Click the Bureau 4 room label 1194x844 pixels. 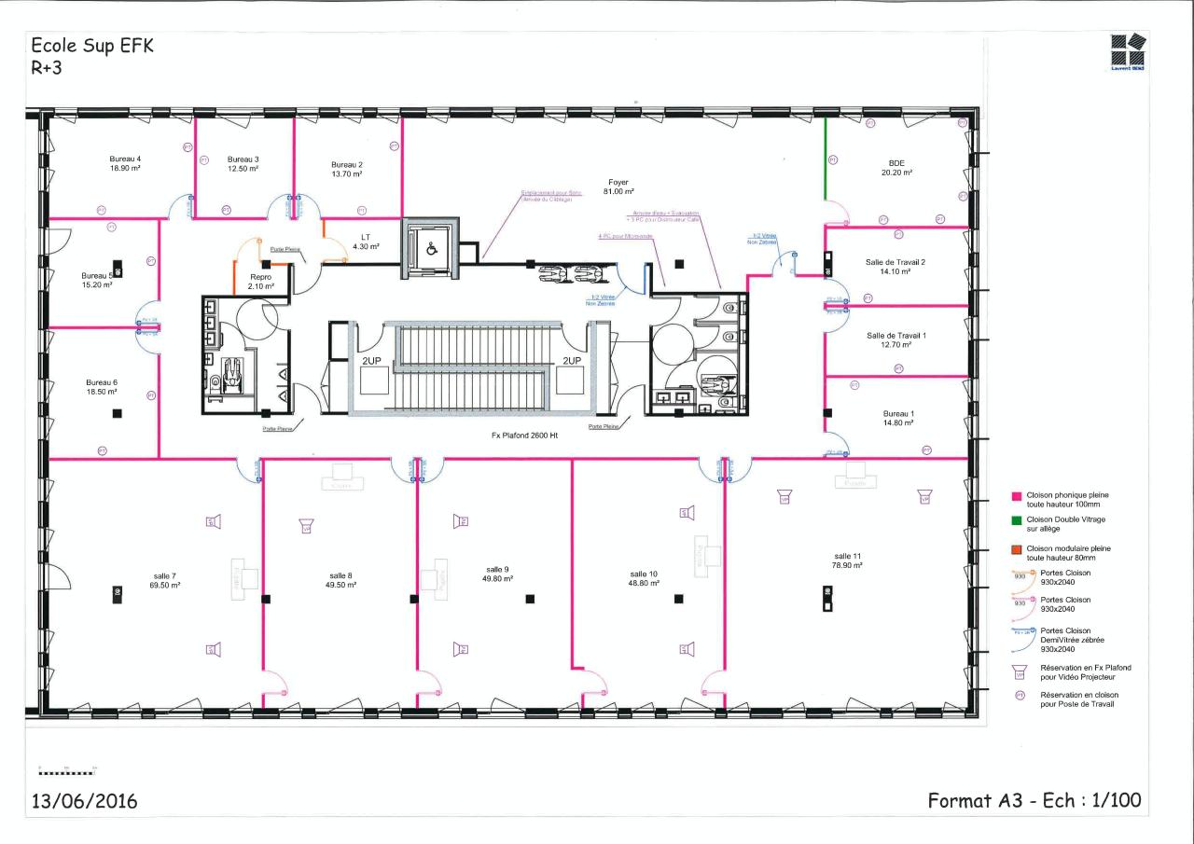click(x=125, y=159)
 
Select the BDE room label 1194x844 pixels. click(x=896, y=163)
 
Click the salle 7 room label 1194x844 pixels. click(x=164, y=575)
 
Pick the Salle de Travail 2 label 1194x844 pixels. click(x=895, y=262)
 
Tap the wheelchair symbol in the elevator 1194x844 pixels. click(x=431, y=250)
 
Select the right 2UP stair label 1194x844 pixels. click(x=572, y=360)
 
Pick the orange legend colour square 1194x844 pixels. click(x=1017, y=549)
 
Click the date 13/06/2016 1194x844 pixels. click(x=84, y=801)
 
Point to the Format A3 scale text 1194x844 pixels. click(x=1034, y=800)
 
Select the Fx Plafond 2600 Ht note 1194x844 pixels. click(x=524, y=436)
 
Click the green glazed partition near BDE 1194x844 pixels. click(x=826, y=159)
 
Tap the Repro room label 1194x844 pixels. click(x=261, y=277)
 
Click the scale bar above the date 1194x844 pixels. click(x=67, y=772)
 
